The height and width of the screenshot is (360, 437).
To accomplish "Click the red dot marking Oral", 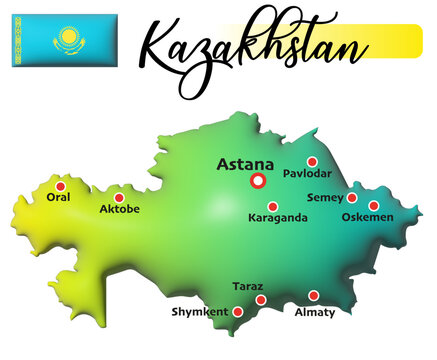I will (x=60, y=186).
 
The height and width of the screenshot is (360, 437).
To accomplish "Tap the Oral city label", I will (x=59, y=198).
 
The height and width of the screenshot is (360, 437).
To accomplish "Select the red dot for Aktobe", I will (x=119, y=198).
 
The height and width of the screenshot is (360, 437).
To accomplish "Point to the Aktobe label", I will (x=120, y=210).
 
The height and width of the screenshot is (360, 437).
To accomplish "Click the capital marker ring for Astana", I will (x=258, y=181).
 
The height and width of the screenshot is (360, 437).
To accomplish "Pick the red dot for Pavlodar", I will (x=312, y=162).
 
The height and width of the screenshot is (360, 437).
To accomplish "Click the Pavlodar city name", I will (x=307, y=174).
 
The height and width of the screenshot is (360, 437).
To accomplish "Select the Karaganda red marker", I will (x=273, y=207).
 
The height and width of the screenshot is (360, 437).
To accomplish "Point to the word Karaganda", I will (x=277, y=218).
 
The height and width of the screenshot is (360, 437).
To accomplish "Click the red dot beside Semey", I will (x=352, y=198).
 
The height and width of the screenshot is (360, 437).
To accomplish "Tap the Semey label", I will (x=325, y=198).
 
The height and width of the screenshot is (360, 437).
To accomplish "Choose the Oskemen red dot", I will (x=374, y=206).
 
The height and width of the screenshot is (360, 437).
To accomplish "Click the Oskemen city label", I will (x=368, y=217).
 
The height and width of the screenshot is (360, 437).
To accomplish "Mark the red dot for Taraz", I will (x=261, y=300).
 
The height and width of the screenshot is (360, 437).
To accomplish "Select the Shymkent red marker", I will (x=238, y=312).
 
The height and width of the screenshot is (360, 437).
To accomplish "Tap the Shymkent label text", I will (x=201, y=312).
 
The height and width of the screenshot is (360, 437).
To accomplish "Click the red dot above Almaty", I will (x=313, y=296).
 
